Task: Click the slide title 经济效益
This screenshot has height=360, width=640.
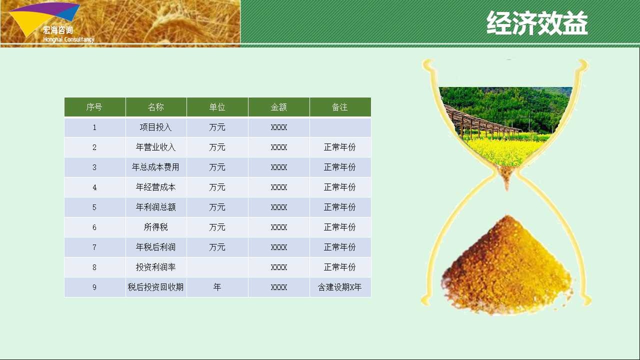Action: tap(537, 23)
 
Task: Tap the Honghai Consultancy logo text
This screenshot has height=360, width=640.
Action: tap(68, 39)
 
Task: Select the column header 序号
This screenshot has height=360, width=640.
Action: tap(94, 107)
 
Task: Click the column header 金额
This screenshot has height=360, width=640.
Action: tap(278, 107)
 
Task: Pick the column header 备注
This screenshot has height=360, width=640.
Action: tap(339, 107)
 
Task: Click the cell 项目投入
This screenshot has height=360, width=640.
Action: tap(155, 127)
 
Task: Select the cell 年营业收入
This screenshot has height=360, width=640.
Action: tap(155, 147)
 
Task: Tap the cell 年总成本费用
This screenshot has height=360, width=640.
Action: tap(155, 167)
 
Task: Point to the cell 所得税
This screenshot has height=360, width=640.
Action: tap(155, 227)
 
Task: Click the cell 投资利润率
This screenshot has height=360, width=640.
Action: tap(155, 267)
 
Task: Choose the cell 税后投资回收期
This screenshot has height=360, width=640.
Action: tap(155, 287)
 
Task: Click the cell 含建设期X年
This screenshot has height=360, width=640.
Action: tap(339, 287)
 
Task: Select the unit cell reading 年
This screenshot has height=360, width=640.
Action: tap(217, 287)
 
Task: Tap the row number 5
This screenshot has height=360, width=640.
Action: tap(94, 207)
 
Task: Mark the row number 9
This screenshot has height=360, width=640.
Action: tap(94, 287)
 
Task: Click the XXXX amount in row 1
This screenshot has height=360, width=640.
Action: tap(278, 127)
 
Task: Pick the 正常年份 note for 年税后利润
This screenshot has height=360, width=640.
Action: tap(339, 247)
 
